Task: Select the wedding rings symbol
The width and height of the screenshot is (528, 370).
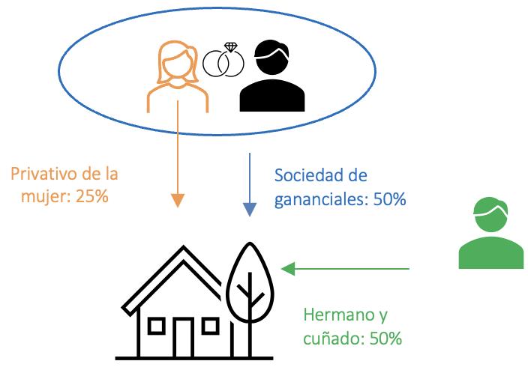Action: (x=223, y=61)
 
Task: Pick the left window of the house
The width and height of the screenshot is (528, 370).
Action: (x=157, y=326)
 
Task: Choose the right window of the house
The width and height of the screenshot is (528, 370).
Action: (x=210, y=326)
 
